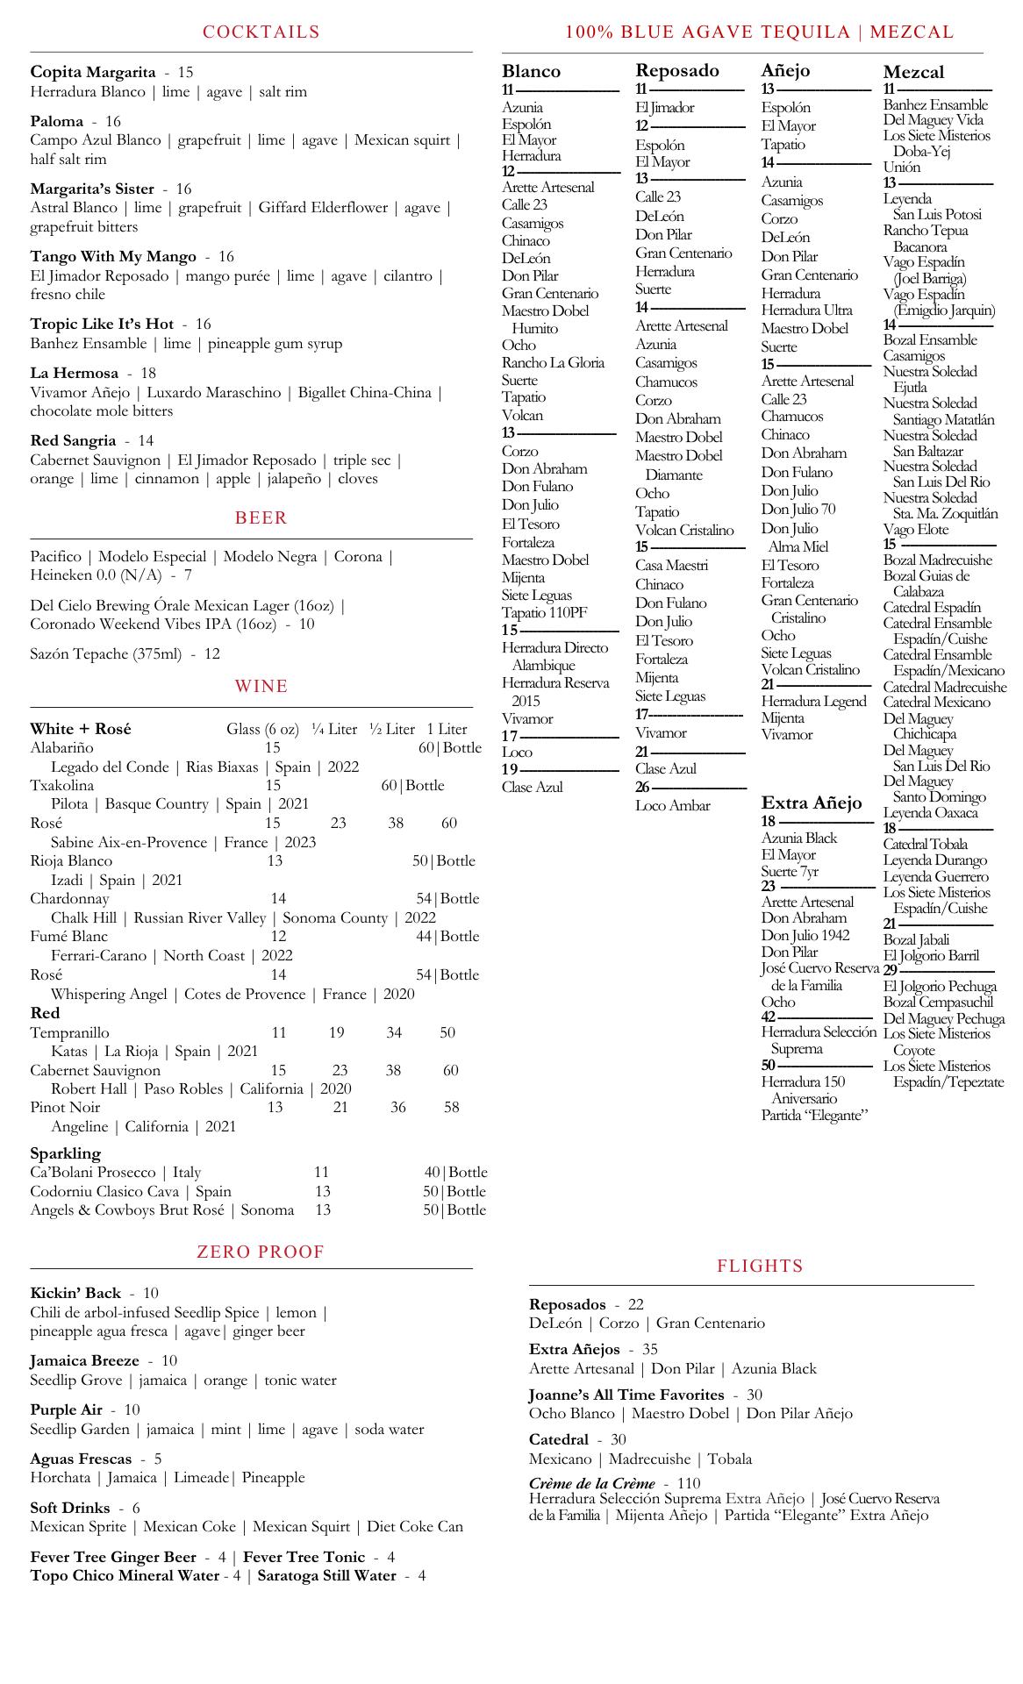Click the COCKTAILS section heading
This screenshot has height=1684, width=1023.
click(x=261, y=32)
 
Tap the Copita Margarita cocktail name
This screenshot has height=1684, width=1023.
click(x=93, y=72)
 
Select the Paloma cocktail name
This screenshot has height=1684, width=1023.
click(x=57, y=121)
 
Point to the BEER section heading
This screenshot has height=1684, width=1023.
click(x=261, y=518)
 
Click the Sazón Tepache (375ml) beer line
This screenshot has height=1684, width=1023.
click(x=125, y=653)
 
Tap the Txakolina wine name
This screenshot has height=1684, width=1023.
click(x=62, y=785)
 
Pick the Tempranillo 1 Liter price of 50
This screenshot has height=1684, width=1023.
click(x=447, y=1032)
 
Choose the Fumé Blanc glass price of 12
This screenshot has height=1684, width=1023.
click(x=278, y=936)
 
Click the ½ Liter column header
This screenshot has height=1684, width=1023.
click(x=391, y=729)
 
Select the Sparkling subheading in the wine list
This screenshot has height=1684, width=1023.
click(x=65, y=1152)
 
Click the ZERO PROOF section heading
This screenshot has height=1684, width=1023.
click(x=261, y=1252)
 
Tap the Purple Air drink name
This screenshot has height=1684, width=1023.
click(x=67, y=1409)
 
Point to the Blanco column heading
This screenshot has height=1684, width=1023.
click(x=531, y=71)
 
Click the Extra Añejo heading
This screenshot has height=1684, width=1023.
click(x=811, y=803)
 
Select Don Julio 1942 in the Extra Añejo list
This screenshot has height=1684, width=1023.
click(x=805, y=935)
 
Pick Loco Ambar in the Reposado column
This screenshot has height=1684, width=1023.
click(x=673, y=805)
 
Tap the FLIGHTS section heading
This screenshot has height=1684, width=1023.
click(x=760, y=1267)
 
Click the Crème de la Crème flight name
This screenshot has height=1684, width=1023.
click(x=592, y=1483)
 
